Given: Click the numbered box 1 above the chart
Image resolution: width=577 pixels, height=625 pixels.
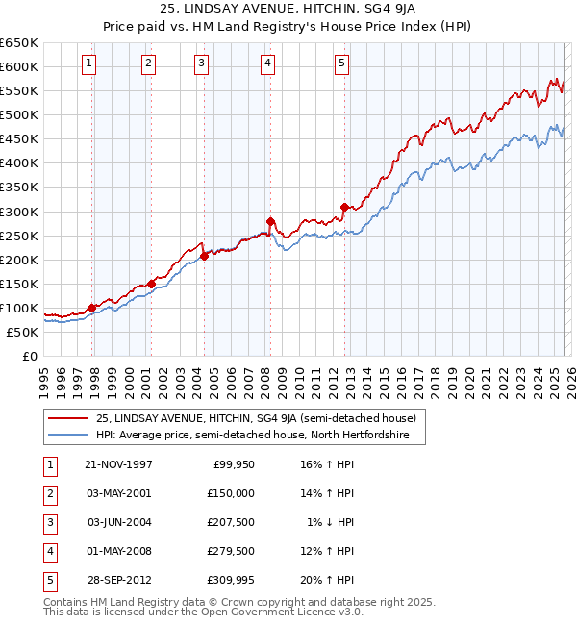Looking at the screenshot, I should pyautogui.click(x=88, y=63).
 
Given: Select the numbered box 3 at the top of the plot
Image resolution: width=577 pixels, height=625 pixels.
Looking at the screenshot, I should pyautogui.click(x=202, y=63).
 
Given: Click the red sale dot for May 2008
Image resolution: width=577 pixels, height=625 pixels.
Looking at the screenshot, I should pyautogui.click(x=270, y=221).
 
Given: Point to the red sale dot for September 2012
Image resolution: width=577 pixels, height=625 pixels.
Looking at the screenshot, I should pyautogui.click(x=344, y=207).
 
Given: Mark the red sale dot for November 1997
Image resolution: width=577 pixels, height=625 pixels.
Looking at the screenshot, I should pyautogui.click(x=92, y=308).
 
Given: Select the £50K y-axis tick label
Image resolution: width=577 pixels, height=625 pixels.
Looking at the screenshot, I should pyautogui.click(x=22, y=332).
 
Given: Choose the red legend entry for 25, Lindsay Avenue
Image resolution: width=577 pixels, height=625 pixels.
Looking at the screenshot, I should pyautogui.click(x=255, y=418).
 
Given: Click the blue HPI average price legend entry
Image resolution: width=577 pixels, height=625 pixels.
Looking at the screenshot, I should pyautogui.click(x=252, y=436).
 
